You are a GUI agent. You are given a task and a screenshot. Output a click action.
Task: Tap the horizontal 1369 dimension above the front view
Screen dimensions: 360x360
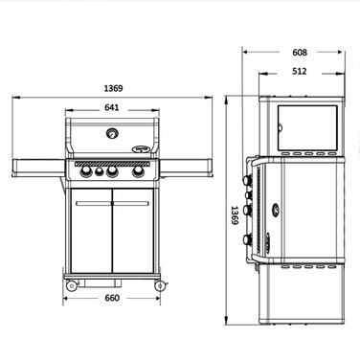point(111,88)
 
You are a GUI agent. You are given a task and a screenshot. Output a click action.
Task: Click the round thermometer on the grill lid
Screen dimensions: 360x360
point(112,133)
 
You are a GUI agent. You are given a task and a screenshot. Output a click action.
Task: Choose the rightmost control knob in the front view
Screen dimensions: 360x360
point(139,172)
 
